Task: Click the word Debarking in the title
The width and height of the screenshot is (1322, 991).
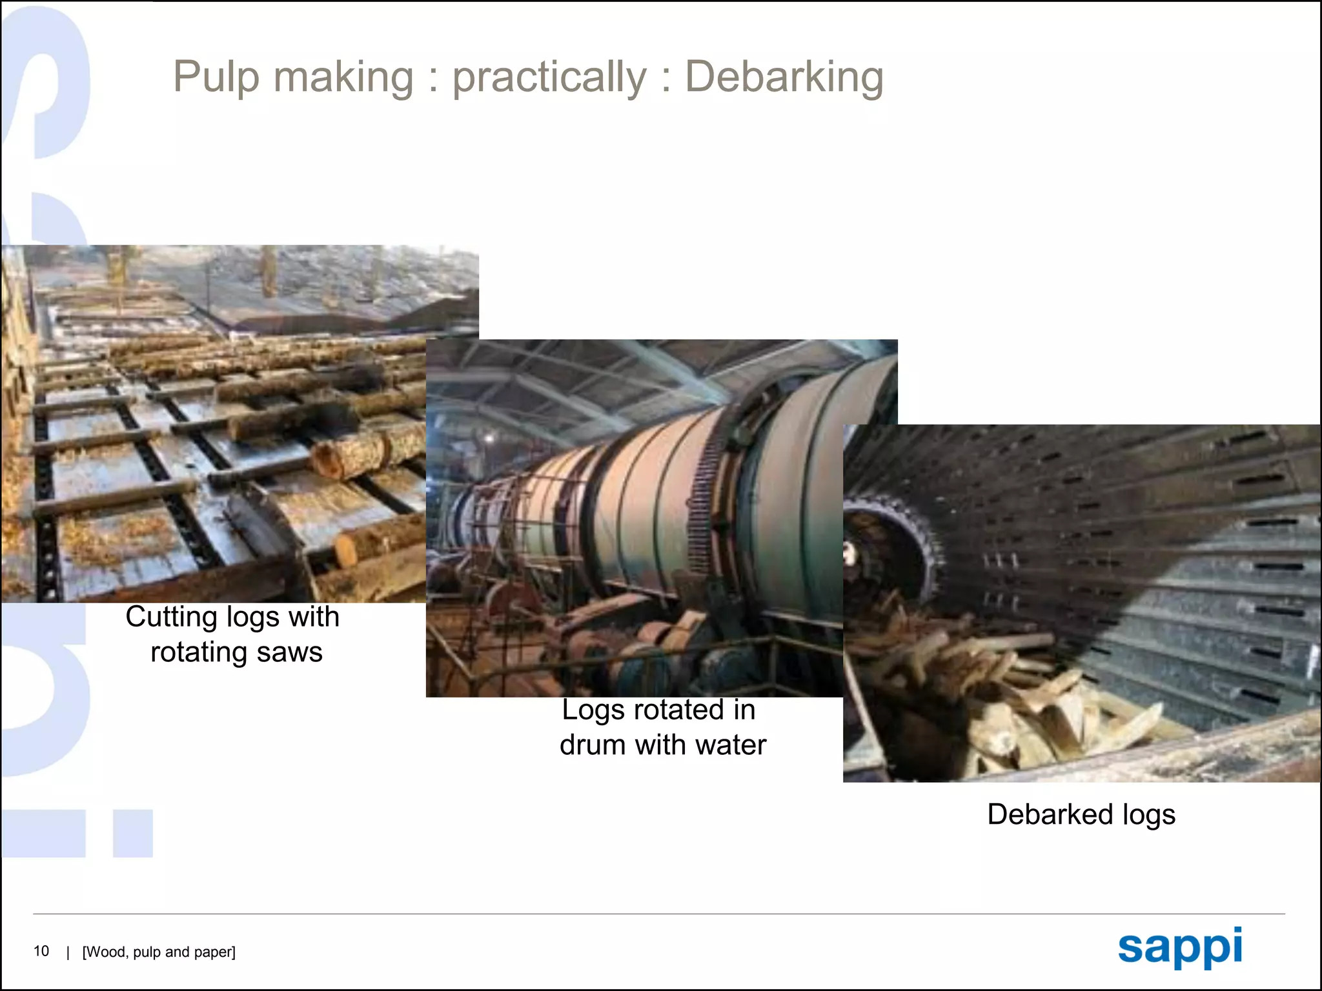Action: pos(784,78)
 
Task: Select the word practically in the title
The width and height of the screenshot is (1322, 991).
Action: pos(549,78)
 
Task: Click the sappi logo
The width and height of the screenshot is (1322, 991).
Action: pos(1180,948)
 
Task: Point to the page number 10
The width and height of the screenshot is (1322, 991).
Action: pos(41,951)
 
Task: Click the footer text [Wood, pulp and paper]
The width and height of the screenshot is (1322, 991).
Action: pos(159,952)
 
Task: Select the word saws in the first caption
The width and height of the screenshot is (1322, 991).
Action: pos(289,652)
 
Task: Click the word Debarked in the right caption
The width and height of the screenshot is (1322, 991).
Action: pos(1050,814)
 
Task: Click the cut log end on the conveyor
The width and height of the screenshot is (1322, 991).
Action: pos(327,459)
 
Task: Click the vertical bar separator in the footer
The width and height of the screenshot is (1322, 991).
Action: pos(68,952)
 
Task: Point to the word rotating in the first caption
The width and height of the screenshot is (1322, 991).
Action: pos(199,652)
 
